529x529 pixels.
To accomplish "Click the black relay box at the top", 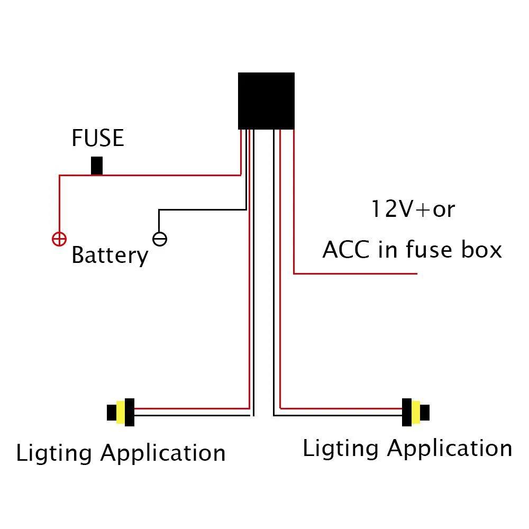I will pos(266,101).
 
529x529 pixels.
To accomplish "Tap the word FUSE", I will pos(98,139).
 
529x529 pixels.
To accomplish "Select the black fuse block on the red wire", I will pos(96,166).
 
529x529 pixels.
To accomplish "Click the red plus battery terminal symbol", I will pos(59,239).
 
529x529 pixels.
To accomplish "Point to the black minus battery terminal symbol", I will pos(160,239).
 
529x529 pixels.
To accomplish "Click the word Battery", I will pos(110,256).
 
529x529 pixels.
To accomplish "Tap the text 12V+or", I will pos(412,209).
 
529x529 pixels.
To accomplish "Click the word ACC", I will pos(346,250).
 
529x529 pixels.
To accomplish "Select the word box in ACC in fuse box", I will pos(479,250).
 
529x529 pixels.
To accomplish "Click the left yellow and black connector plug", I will pos(121,412).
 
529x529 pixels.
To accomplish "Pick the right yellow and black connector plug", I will pos(415,412).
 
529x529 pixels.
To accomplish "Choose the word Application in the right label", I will pos(450,449).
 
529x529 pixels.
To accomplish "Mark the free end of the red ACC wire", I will pos(417,273).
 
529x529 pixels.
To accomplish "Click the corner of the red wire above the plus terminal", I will pos(59,176).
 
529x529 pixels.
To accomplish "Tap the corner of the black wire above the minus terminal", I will pos(159,210).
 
